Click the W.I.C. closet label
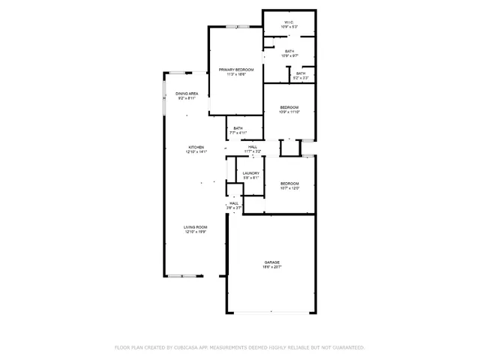click(289, 22)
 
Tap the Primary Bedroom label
click(236, 70)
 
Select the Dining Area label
click(187, 93)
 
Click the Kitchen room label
click(196, 147)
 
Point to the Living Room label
click(196, 227)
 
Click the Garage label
click(271, 262)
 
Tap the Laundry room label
click(250, 173)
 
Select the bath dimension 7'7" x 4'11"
click(238, 133)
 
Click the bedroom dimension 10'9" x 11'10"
click(289, 112)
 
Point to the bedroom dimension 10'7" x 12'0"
click(289, 188)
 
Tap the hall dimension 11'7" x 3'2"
click(253, 151)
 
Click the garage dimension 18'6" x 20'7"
click(271, 267)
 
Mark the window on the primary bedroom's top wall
click(238, 27)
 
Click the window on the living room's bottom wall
click(184, 276)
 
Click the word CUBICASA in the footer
click(191, 347)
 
